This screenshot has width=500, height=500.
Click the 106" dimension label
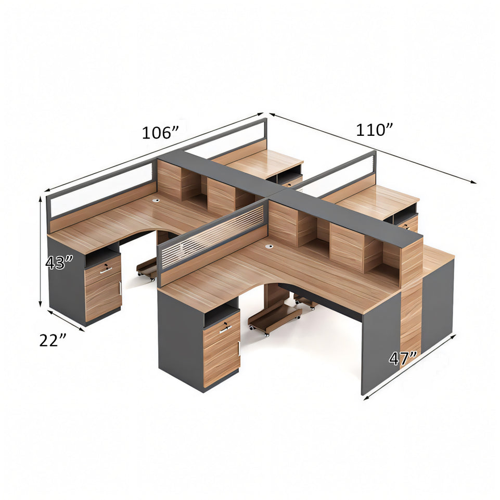(x=160, y=133)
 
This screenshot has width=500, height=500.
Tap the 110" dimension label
(x=374, y=130)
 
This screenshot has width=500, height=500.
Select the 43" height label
(x=56, y=263)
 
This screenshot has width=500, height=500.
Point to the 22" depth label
(x=53, y=340)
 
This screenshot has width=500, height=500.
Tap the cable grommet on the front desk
(x=270, y=246)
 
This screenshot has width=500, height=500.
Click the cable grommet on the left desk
(x=156, y=200)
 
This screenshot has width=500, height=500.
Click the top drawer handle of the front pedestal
(x=225, y=329)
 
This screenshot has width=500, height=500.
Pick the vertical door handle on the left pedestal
(x=120, y=288)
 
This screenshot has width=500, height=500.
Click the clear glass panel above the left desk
(x=101, y=191)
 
